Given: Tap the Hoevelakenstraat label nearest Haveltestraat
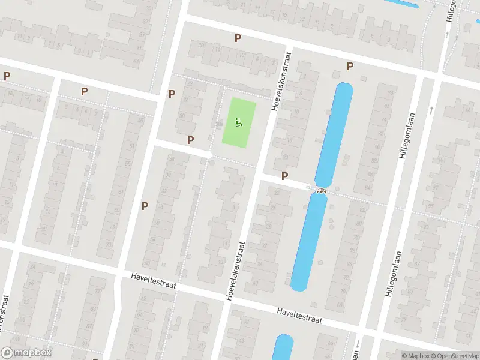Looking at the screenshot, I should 236,271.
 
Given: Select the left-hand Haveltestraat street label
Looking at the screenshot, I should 153,280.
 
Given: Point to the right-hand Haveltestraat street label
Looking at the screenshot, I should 299,316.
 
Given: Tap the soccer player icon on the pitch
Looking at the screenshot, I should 238,123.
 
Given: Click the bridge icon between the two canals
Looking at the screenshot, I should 321,191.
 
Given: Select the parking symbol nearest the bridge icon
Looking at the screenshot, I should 285,176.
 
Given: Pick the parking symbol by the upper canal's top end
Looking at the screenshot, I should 350,66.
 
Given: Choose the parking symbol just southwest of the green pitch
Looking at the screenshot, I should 190,140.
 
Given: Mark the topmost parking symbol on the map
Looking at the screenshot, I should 238,38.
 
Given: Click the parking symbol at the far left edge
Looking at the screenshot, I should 7,76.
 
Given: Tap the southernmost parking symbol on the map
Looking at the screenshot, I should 145,206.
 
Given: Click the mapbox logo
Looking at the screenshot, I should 26,353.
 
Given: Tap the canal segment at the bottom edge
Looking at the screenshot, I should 283,348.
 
